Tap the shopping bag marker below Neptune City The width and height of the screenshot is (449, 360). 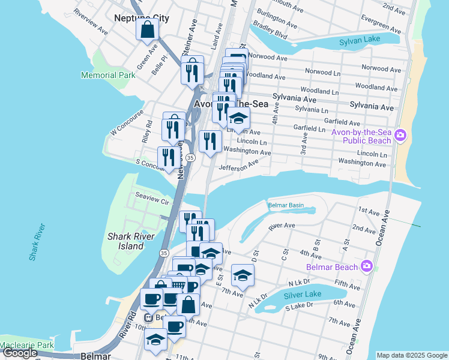tap(148, 29)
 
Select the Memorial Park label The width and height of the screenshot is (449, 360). tap(109, 76)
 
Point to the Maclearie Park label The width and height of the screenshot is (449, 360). tap(27, 346)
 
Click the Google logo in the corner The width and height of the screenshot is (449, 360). tap(20, 353)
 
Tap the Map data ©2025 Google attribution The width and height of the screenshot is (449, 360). tap(412, 355)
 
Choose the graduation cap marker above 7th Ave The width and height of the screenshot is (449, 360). tap(243, 275)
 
